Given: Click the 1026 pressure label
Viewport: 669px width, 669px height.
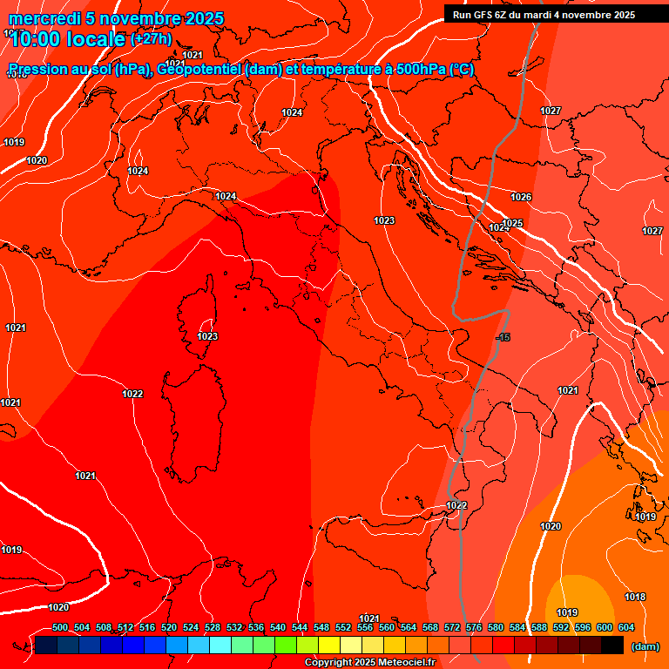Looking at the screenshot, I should click(x=521, y=198).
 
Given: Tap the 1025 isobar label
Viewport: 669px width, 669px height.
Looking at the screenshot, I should click(x=512, y=224).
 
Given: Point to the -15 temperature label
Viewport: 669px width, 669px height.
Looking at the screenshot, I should click(x=503, y=337).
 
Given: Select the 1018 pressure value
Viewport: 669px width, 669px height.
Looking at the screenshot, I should click(x=635, y=597).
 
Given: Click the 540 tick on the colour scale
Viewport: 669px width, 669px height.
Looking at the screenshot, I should click(x=278, y=627).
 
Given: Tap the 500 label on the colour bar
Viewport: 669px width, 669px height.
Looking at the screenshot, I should click(x=60, y=627).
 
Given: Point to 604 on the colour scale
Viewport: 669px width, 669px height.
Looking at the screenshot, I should click(x=626, y=627).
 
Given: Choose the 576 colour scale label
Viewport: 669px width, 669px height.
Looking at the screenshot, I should click(x=474, y=627).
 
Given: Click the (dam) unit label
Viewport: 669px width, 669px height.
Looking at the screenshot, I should click(x=645, y=646).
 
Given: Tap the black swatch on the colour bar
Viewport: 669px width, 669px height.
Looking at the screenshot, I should click(x=612, y=645).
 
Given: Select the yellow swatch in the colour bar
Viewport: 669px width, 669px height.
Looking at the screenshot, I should click(x=328, y=645).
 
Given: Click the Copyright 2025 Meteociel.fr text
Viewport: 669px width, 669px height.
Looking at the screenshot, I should click(x=369, y=663).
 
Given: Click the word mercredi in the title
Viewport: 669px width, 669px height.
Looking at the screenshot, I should click(x=39, y=18).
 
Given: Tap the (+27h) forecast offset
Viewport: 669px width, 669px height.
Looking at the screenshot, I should click(x=150, y=39).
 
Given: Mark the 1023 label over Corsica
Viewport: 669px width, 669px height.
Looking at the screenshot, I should click(x=207, y=336).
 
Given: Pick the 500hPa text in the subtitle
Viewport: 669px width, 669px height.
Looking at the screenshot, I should click(x=421, y=70).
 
